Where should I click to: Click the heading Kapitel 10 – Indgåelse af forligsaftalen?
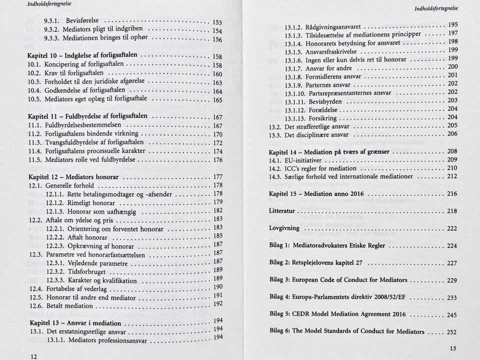85,55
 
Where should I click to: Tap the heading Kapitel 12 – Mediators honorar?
74,177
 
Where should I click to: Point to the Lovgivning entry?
284,228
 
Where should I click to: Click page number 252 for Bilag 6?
451,332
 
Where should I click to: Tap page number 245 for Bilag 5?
451,315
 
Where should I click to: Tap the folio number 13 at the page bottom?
452,348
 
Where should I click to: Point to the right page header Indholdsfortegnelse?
436,8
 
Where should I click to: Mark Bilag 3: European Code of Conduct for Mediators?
338,279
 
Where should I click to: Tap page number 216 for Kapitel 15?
451,193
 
